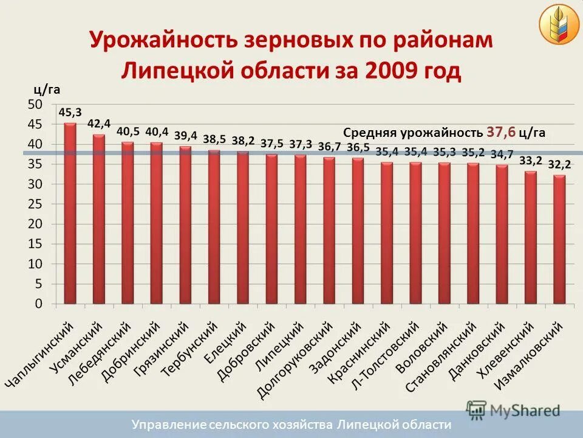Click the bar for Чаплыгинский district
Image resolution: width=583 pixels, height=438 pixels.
coord(70,213)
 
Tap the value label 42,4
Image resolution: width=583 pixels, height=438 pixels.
coord(99,123)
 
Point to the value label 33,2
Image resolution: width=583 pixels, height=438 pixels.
coord(530,161)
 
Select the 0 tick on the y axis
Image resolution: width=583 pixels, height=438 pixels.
coord(38,304)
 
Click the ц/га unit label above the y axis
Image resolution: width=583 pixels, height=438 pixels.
coord(46,90)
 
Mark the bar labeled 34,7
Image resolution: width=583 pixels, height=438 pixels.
coord(502,234)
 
